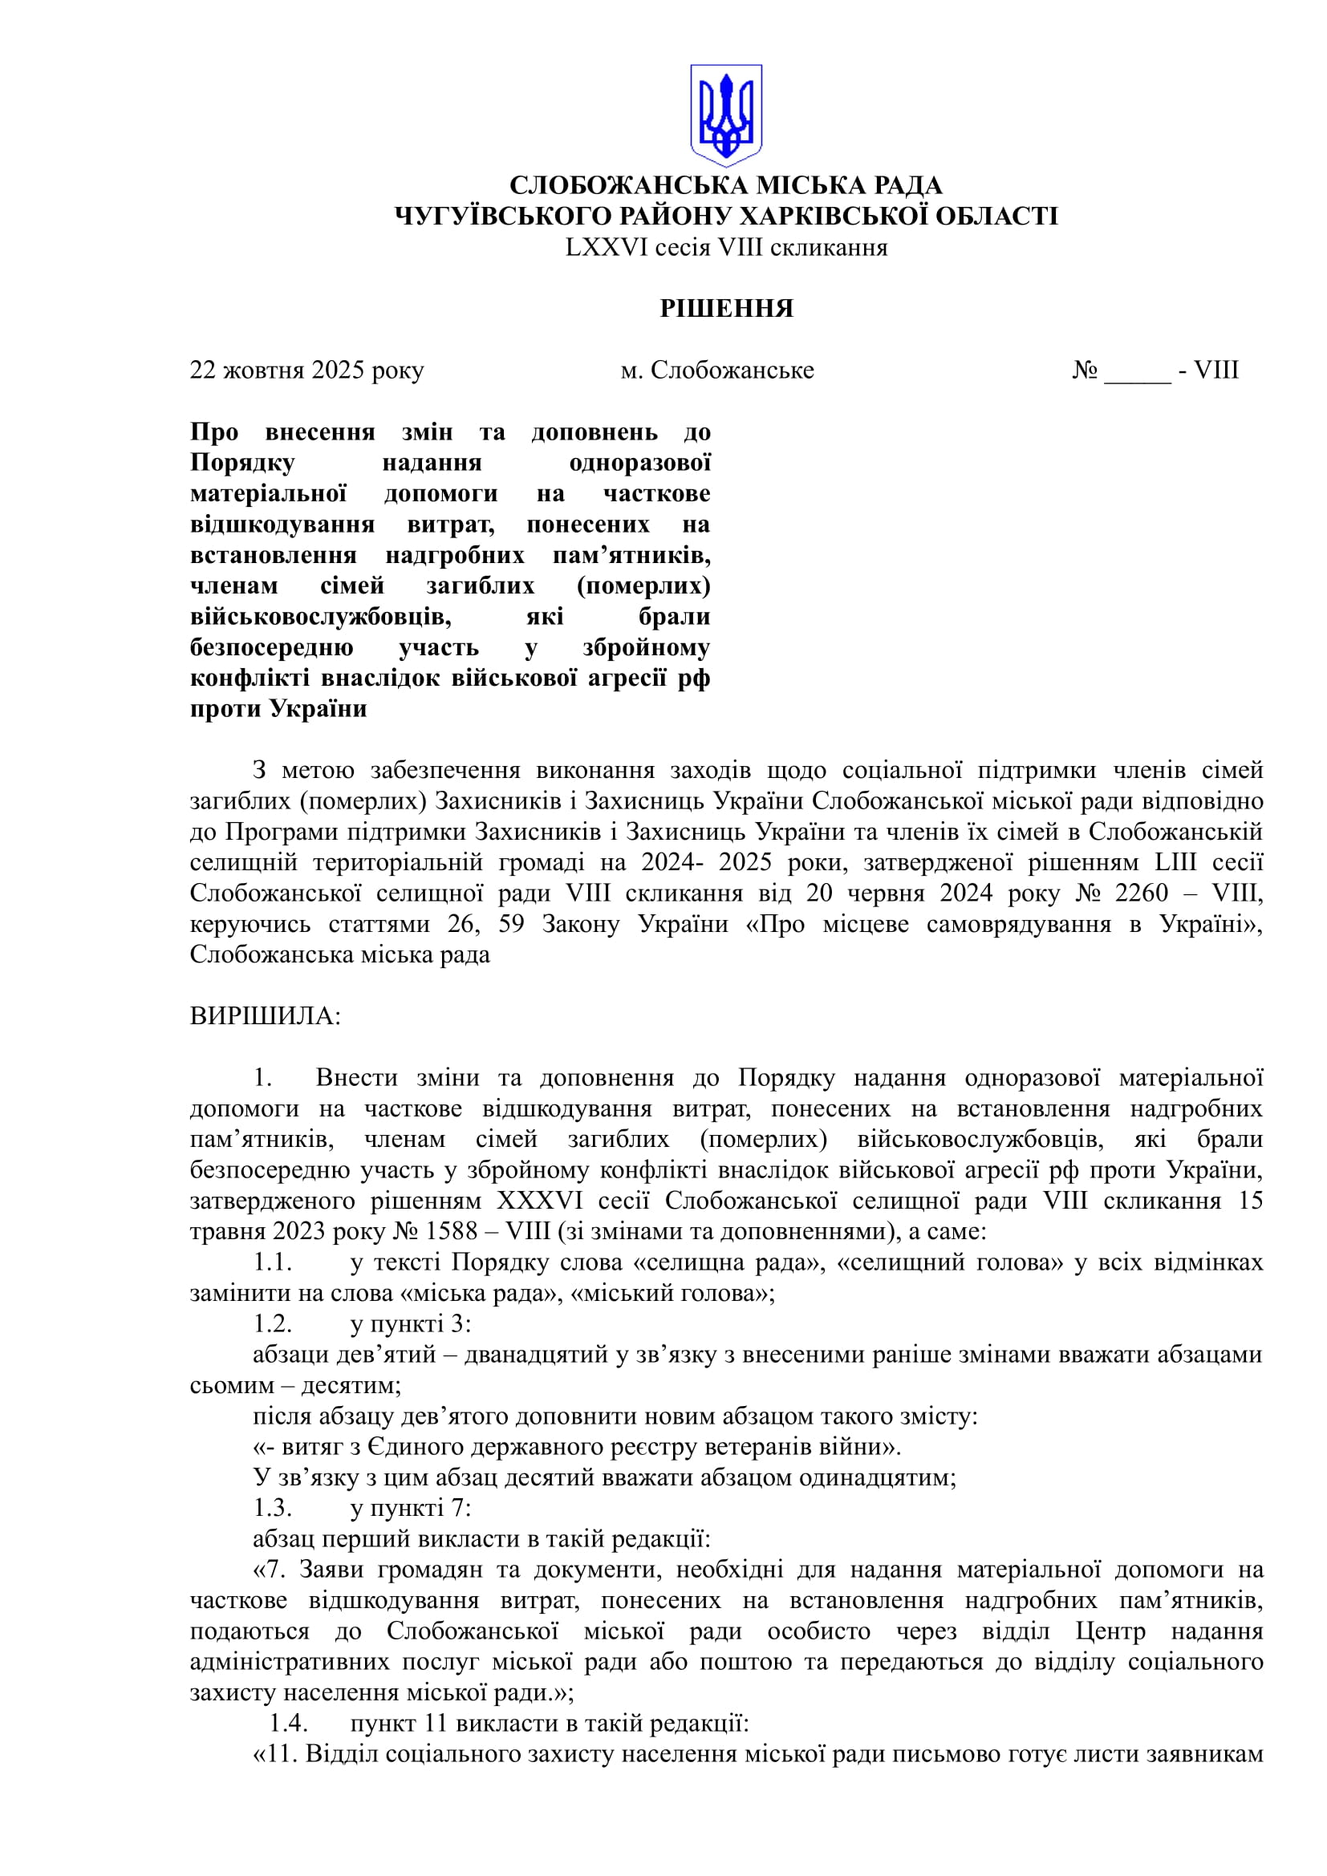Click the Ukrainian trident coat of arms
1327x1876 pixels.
(725, 115)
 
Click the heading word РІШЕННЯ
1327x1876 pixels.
(726, 308)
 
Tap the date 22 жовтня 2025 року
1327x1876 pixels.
(307, 370)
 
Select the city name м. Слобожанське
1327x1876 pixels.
(717, 370)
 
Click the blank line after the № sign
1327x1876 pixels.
(1138, 372)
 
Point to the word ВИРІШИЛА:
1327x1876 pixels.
(266, 1016)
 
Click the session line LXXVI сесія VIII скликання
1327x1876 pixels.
(726, 248)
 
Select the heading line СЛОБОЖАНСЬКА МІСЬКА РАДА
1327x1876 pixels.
(726, 185)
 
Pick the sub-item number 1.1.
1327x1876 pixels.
(273, 1262)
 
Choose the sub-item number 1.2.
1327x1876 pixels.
(273, 1323)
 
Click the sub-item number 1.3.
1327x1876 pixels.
(273, 1508)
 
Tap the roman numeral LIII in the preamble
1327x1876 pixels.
(1177, 862)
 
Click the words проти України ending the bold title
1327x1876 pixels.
(278, 708)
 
